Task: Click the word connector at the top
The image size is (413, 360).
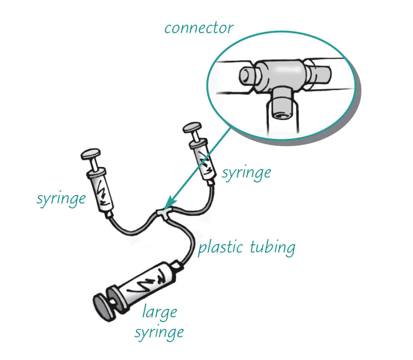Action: pos(198,28)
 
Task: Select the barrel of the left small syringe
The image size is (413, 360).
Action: pos(102,191)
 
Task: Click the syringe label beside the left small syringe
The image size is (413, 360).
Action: pos(61,198)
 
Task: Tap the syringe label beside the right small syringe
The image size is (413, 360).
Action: pos(246,173)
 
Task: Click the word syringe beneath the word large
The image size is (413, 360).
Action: pos(159,331)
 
